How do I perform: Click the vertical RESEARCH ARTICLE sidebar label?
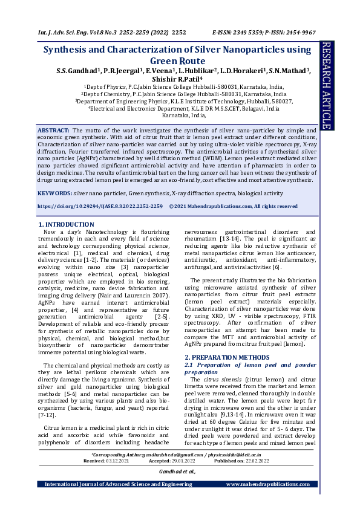pyautogui.click(x=327, y=85)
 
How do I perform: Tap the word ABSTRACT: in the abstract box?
pyautogui.click(x=54, y=131)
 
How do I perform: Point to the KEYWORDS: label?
pyautogui.click(x=54, y=193)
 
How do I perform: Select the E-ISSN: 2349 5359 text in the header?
pyautogui.click(x=236, y=31)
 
